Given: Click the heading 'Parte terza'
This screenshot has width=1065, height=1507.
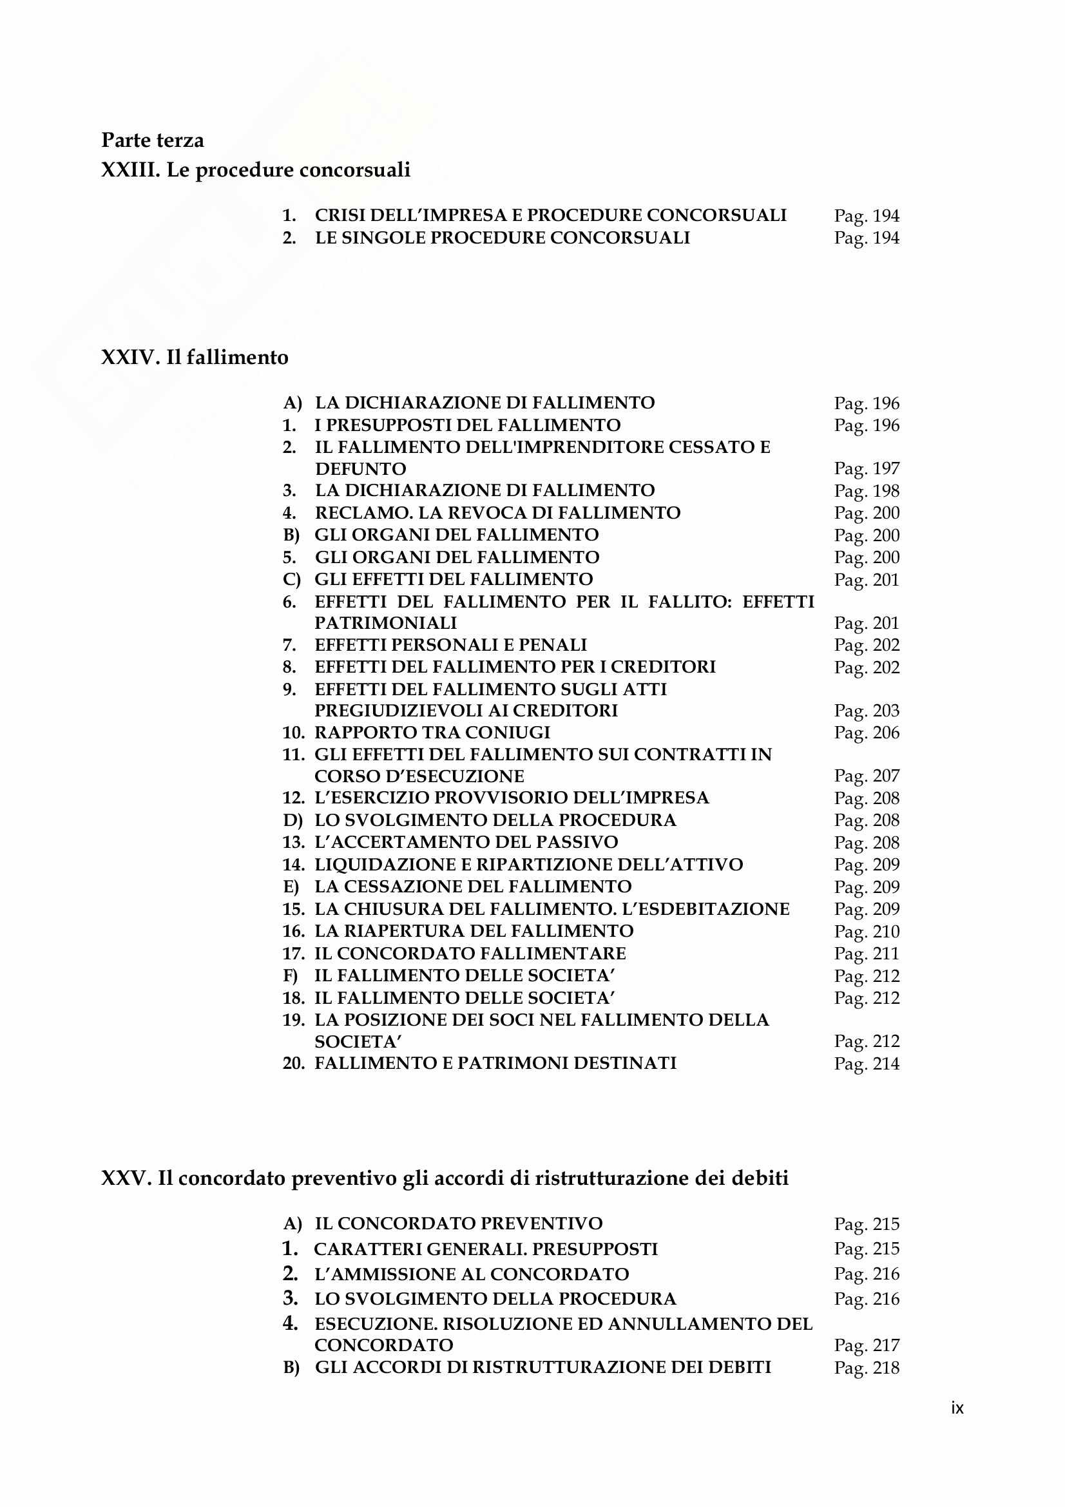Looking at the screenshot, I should click(152, 140).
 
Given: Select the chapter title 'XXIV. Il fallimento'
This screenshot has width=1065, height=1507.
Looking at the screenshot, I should click(194, 357).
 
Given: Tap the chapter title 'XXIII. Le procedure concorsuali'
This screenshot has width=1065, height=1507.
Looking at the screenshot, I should click(255, 169).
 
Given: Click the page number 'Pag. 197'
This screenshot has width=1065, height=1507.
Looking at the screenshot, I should click(866, 468).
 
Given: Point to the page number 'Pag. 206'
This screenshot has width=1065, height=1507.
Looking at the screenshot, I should click(866, 733).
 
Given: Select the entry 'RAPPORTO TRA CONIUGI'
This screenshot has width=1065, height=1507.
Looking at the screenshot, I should click(432, 733).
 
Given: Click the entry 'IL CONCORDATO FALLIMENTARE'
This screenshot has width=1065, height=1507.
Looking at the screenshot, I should click(470, 953).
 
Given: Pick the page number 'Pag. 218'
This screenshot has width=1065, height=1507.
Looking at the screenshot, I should click(866, 1368).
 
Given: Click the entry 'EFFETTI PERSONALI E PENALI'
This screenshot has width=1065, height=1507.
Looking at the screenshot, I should click(450, 644).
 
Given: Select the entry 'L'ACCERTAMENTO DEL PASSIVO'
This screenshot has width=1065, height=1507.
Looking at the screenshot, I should click(466, 842).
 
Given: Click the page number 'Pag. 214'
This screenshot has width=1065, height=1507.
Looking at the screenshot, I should click(866, 1063).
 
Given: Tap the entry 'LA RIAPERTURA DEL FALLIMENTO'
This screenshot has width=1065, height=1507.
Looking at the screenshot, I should click(474, 931).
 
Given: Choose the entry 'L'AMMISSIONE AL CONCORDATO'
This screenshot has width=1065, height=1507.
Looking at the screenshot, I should click(471, 1274).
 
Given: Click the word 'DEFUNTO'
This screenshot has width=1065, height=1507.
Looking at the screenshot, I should click(360, 468).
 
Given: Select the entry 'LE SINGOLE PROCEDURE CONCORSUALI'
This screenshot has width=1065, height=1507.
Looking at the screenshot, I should click(502, 238).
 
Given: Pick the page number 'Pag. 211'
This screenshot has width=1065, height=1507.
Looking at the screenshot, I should click(866, 954).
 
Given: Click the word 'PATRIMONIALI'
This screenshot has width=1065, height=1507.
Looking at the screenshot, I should click(385, 622).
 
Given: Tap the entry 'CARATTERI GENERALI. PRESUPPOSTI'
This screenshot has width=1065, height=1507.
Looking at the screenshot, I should click(486, 1249).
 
